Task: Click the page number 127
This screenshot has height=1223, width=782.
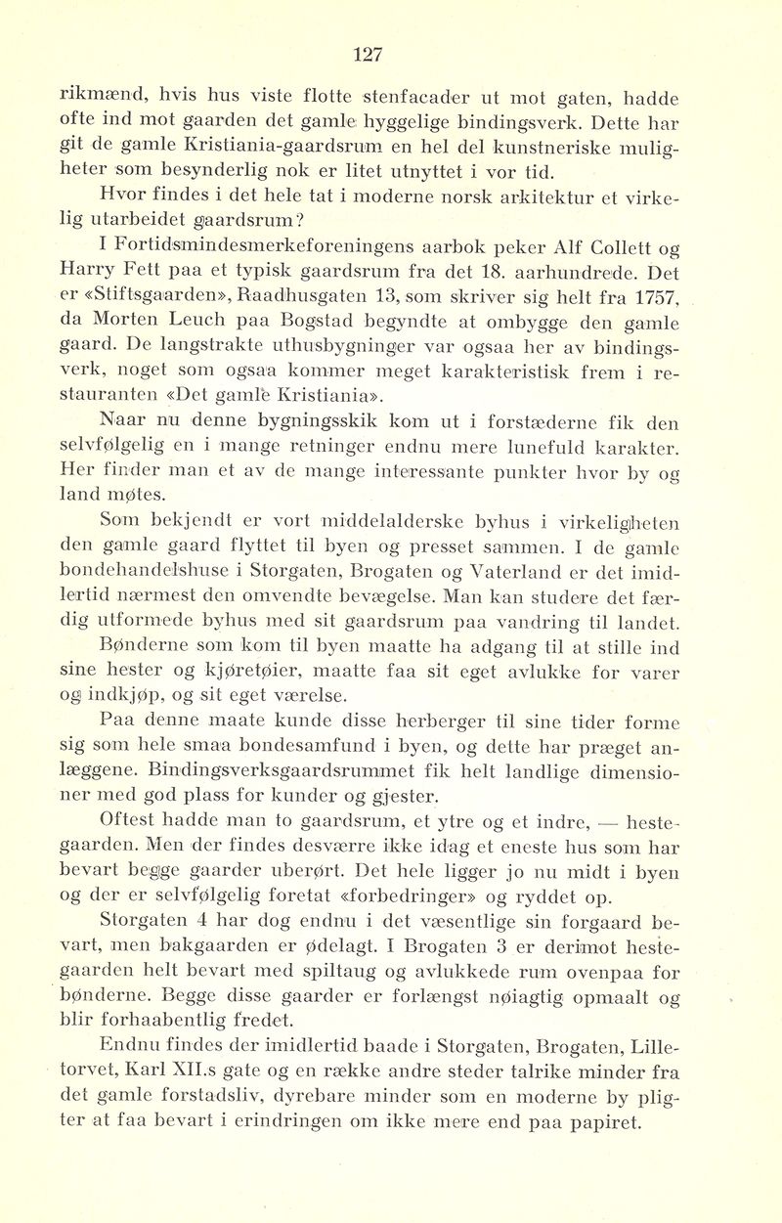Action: tap(368, 55)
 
